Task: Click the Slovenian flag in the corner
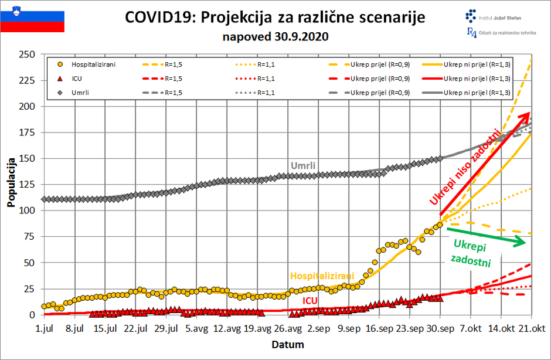(x=32, y=17)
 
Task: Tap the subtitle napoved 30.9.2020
(x=275, y=36)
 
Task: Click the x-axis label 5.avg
(x=196, y=327)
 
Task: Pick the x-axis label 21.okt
(x=531, y=327)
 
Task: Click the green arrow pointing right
(x=488, y=239)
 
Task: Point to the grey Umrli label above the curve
(x=303, y=166)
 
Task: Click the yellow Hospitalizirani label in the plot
(x=322, y=276)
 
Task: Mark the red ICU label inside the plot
(x=310, y=301)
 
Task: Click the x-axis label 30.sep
(x=440, y=327)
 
